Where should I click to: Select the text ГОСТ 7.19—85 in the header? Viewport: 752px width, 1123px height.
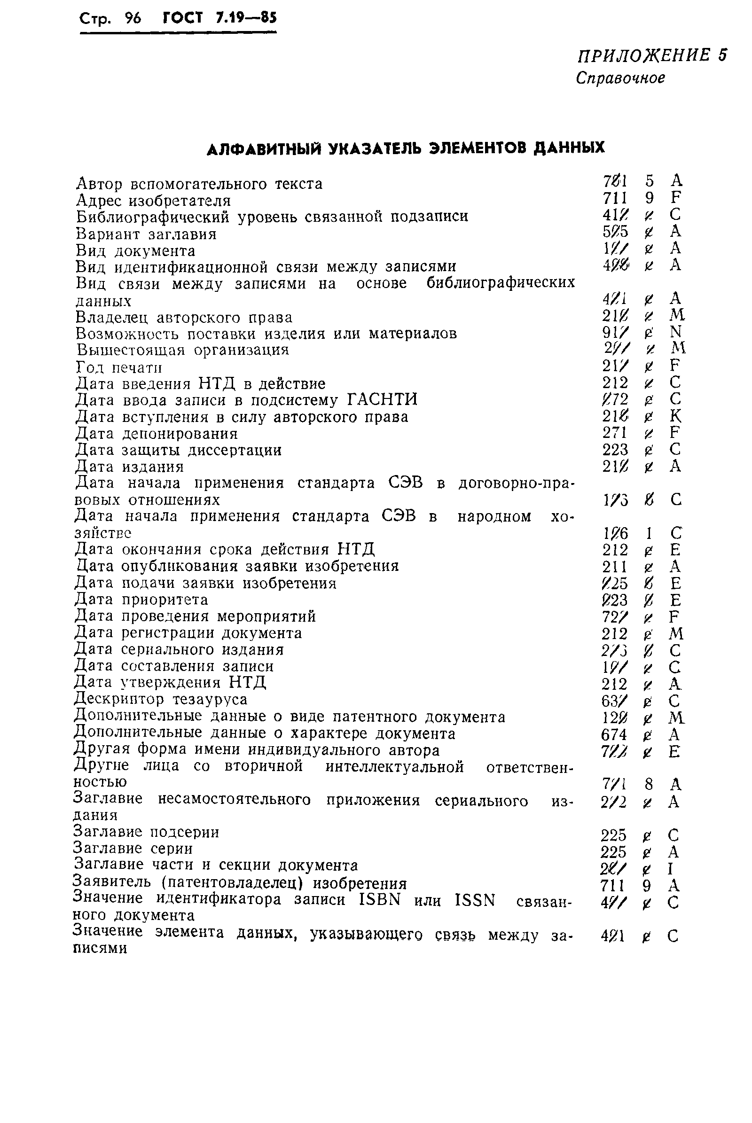pyautogui.click(x=219, y=18)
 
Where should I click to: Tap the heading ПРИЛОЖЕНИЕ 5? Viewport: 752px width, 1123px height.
pyautogui.click(x=651, y=55)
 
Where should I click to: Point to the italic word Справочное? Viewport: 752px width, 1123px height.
pyautogui.click(x=620, y=78)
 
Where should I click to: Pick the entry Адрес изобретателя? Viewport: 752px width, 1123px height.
pyautogui.click(x=154, y=201)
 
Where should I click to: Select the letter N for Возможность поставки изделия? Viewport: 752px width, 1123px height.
pyautogui.click(x=675, y=332)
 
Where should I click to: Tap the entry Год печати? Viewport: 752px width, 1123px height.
pyautogui.click(x=119, y=368)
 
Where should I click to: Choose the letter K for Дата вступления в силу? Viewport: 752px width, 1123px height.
pyautogui.click(x=675, y=416)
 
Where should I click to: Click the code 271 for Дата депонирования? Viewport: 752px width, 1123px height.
pyautogui.click(x=615, y=432)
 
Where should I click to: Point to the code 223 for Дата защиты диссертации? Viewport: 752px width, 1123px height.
pyautogui.click(x=615, y=449)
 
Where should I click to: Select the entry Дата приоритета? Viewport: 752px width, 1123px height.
pyautogui.click(x=141, y=600)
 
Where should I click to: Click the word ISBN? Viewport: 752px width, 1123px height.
pyautogui.click(x=379, y=899)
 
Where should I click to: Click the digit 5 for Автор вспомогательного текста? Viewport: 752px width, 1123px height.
pyautogui.click(x=650, y=181)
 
